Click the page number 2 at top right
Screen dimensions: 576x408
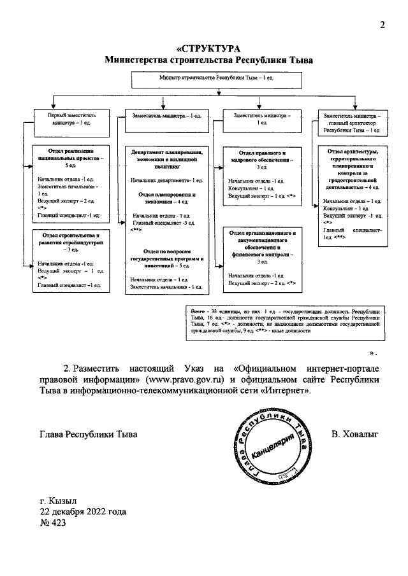(382, 25)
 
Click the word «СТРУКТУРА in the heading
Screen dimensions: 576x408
(207, 50)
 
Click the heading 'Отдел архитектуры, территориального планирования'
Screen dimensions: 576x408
(353, 168)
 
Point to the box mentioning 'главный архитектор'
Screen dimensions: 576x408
(353, 122)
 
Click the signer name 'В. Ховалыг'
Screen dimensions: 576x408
(354, 433)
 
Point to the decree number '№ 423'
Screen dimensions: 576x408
(52, 523)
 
